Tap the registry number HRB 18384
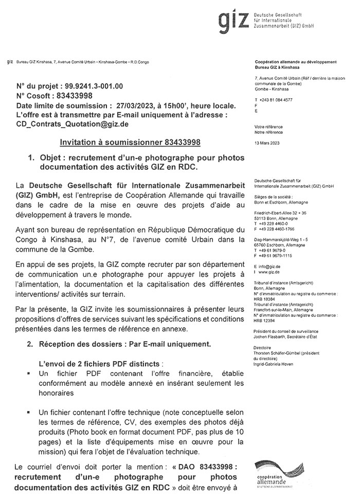[x=265, y=299]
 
